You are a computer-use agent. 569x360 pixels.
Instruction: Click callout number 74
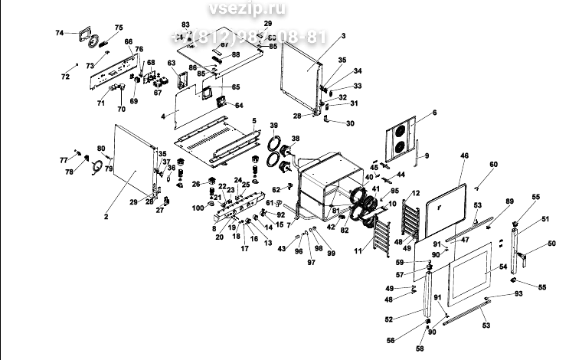60,33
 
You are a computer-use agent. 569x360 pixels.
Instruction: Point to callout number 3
344,36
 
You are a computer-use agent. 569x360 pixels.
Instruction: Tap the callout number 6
434,113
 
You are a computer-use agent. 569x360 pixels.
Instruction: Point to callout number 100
197,208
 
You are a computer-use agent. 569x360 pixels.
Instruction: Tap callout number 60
493,165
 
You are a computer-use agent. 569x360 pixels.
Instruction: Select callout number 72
65,77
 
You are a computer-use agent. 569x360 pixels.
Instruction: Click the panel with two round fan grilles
399,140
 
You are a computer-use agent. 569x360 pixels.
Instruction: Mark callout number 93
518,294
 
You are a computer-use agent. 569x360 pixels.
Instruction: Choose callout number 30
351,123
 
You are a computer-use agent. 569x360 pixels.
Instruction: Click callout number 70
120,110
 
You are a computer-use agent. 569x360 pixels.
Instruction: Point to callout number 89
509,201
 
